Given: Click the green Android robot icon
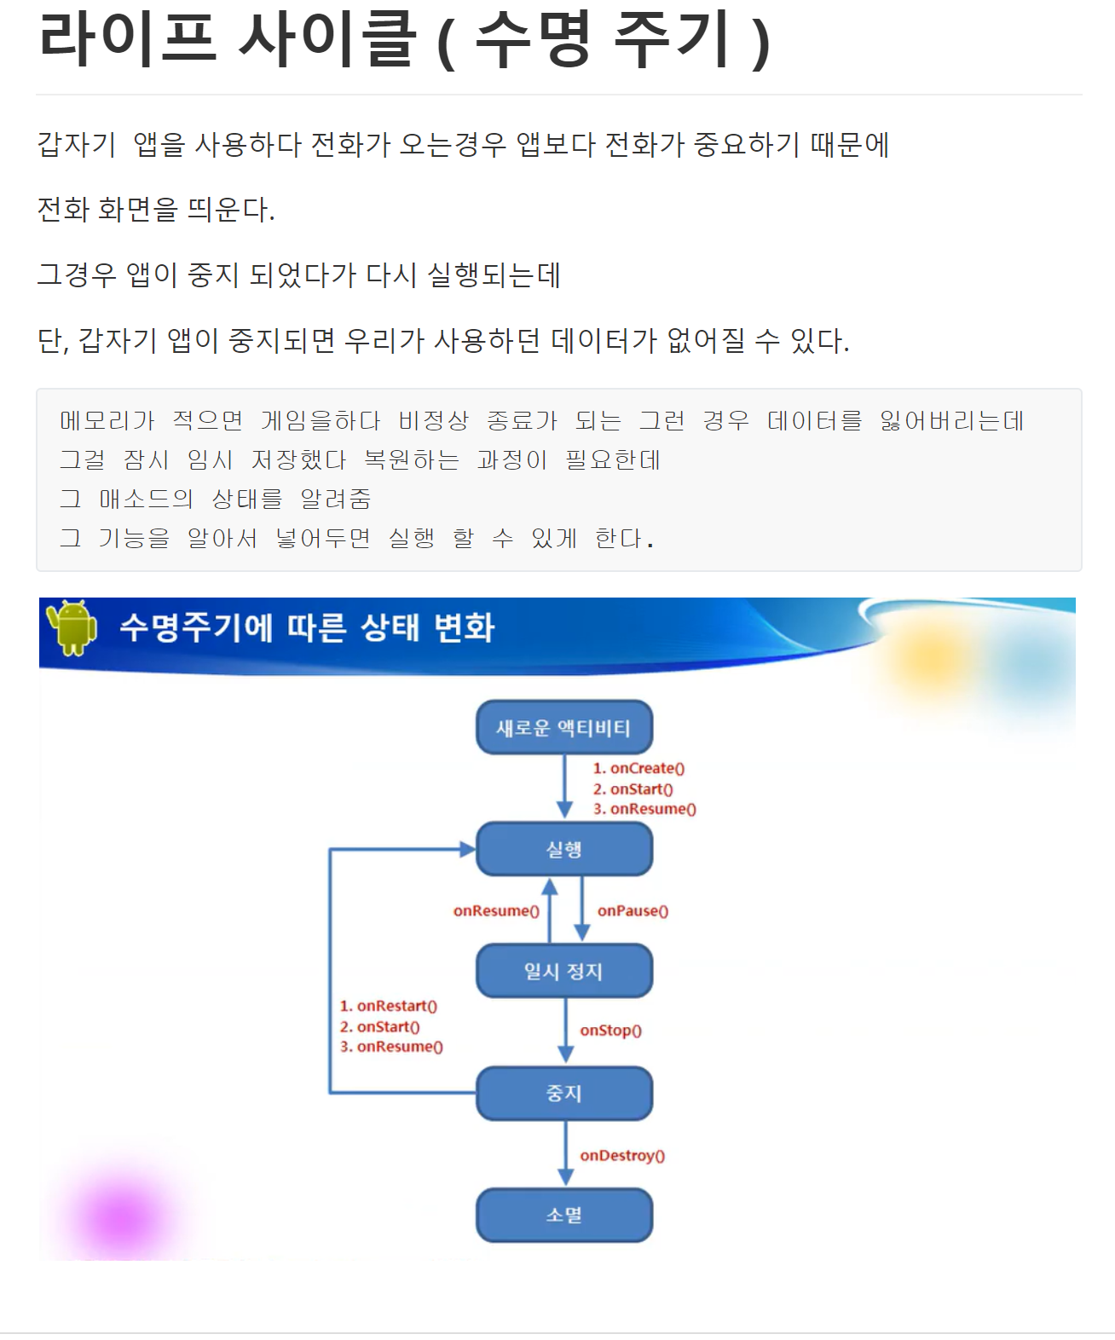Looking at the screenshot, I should pos(72,627).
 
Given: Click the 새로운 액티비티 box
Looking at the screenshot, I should pos(563,728).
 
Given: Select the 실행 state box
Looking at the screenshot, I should pos(563,849).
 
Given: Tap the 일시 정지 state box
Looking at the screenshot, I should pos(563,971).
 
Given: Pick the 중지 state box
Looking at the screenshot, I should pos(563,1093).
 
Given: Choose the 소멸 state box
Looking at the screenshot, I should pos(563,1215).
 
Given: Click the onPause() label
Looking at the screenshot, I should pos(633,911).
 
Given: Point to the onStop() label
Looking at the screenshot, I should pos(610,1031).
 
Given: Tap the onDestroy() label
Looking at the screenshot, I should pos(622,1156).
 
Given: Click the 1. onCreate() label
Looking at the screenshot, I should pos(639,768).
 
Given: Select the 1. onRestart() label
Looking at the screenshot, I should pos(389,1006).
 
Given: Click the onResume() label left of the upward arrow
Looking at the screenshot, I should pos(496,911).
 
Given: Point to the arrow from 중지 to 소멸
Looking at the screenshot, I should pos(564,1152).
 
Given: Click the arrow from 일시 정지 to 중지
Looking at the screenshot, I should pos(564,1030).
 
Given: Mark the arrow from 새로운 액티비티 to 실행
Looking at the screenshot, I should pos(564,786).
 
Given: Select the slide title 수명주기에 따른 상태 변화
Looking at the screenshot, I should pos(307,627).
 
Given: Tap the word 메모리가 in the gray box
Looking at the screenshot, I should pos(107,420).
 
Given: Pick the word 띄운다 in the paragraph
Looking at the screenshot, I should pos(230,210).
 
